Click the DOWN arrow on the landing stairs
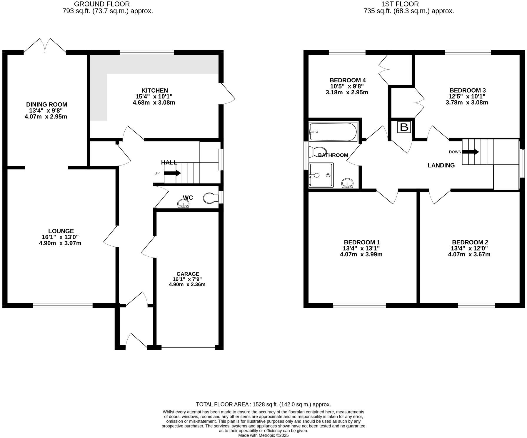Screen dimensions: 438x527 coord(471,152)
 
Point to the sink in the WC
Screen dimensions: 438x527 coord(184,203)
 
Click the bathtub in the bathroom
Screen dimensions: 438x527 coord(333,132)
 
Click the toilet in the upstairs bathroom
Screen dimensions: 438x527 coord(317,152)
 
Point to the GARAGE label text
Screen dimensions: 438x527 coord(188,274)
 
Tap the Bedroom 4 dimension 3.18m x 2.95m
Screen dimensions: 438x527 coord(347,92)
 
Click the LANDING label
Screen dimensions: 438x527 coord(441,165)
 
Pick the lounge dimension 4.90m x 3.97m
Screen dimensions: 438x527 coord(60,243)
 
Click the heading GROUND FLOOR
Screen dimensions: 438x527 coord(101,4)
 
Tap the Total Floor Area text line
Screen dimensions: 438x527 coord(263,404)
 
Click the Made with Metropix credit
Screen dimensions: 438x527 coord(263,435)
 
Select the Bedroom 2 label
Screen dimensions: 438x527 coord(470,242)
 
